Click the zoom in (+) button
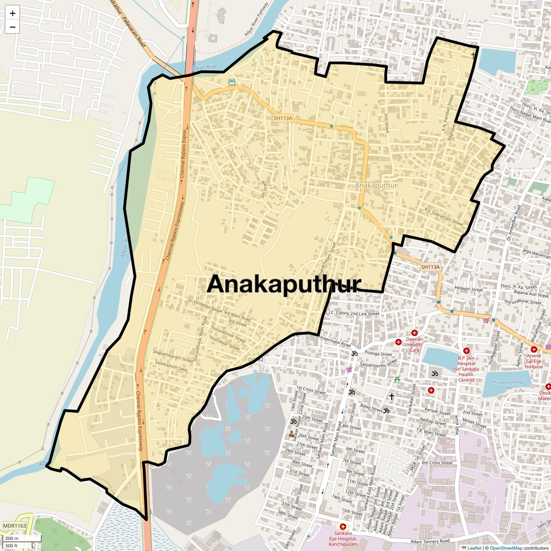point(12,13)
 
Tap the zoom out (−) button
point(12,27)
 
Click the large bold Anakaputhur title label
point(284,284)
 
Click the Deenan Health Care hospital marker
point(399,342)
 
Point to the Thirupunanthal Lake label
point(507,385)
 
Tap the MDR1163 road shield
point(15,526)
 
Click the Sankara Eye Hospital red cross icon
point(343,526)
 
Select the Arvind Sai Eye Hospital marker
point(534,349)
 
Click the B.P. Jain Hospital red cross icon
point(466,351)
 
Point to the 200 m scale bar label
point(12,538)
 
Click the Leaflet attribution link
point(474,548)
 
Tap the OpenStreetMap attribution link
point(506,548)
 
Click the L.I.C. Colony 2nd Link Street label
point(352,314)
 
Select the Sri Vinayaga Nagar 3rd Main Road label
point(219,310)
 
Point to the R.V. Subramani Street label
point(444,217)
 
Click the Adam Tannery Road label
point(430,542)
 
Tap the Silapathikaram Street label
point(173,356)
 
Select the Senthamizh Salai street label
point(171,366)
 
